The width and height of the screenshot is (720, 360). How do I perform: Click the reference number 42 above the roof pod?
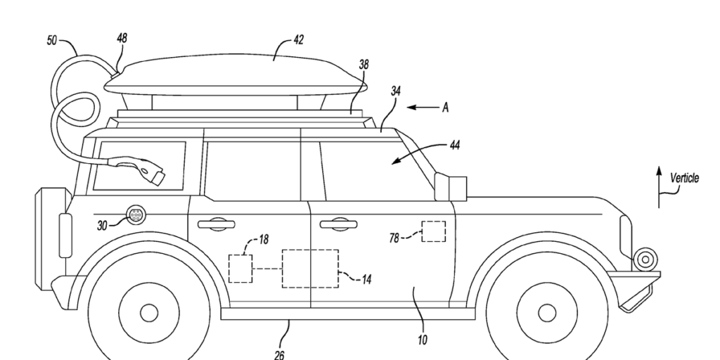tap(298, 41)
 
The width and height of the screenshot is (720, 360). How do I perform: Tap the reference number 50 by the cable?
tap(52, 41)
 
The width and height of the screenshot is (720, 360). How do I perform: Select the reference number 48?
tap(122, 38)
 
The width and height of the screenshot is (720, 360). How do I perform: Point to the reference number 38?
tap(364, 64)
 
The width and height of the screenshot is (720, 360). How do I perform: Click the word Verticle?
tap(684, 179)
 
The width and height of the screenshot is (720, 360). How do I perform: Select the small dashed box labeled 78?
tap(433, 231)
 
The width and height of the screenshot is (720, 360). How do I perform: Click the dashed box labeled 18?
tap(240, 269)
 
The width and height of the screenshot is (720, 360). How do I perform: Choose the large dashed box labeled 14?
tap(309, 268)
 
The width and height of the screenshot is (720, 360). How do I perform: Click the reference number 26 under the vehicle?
tap(279, 354)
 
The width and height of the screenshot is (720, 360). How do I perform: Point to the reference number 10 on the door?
tap(422, 340)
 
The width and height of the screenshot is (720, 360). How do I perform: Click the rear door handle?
tap(216, 224)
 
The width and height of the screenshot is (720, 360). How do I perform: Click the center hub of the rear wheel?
tap(149, 311)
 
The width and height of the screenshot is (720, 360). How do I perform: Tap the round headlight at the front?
tap(643, 259)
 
